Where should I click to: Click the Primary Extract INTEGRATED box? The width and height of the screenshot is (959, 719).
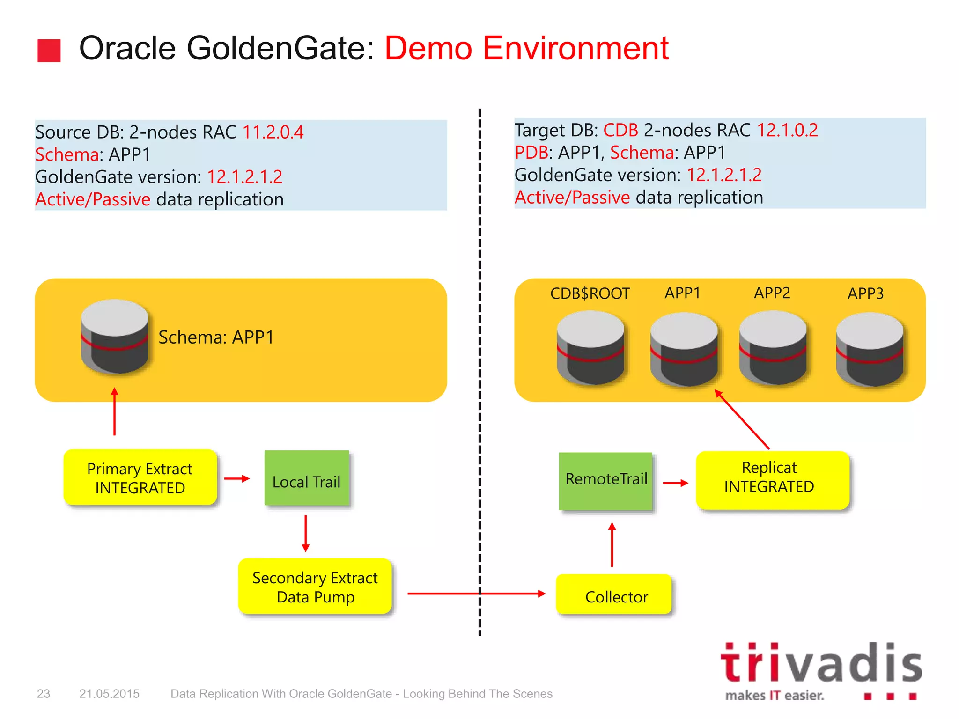tap(140, 477)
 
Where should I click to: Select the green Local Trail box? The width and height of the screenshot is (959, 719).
tap(307, 478)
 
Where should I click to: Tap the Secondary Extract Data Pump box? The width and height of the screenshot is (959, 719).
tap(315, 587)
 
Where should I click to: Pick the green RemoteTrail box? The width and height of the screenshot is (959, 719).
tap(606, 481)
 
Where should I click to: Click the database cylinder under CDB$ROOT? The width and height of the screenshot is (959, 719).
tap(590, 348)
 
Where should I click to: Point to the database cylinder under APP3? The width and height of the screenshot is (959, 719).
tap(870, 350)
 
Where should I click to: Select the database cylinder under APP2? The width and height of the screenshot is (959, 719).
tap(773, 348)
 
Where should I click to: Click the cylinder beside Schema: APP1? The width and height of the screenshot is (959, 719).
tap(115, 337)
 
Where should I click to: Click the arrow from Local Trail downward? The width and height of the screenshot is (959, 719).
tap(306, 534)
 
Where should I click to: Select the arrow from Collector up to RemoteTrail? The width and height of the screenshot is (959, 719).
tap(612, 545)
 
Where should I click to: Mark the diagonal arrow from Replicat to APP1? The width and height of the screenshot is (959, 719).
tap(742, 419)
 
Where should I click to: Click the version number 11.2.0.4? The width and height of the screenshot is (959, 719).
tap(273, 132)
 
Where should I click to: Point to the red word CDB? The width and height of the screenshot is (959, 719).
tap(620, 130)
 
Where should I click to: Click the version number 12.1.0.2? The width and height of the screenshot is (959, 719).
tap(787, 130)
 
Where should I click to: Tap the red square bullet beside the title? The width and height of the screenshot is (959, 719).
tap(49, 51)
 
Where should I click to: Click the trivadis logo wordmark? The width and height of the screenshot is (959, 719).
tap(820, 663)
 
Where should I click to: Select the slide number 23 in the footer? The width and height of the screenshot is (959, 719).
tap(44, 694)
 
